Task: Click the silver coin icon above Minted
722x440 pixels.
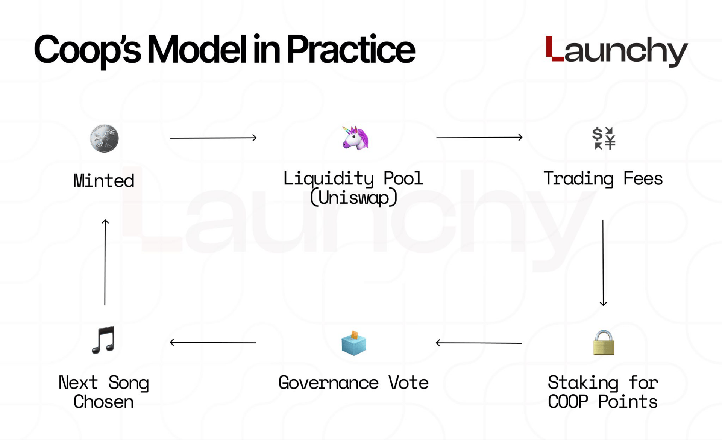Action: pos(104,139)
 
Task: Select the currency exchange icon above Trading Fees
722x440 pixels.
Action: pos(604,138)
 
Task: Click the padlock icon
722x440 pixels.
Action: pos(604,343)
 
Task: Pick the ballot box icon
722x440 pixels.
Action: pos(353,343)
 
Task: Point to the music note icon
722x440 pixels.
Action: pos(103,340)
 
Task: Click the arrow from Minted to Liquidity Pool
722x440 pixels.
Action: pos(213,138)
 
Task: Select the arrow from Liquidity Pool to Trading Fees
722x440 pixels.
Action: pos(479,137)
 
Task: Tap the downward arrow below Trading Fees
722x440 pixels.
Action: pos(603,263)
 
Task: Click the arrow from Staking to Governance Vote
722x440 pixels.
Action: pos(479,343)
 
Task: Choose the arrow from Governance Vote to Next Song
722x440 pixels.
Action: pos(213,342)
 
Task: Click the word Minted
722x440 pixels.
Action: pos(104,181)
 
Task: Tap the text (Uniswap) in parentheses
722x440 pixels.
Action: pos(353,198)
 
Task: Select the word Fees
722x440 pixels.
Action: pos(643,178)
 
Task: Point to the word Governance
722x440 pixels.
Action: pos(328,383)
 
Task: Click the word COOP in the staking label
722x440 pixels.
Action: pos(568,402)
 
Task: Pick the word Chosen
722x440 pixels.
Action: pos(103,402)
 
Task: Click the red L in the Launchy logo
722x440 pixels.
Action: pos(554,48)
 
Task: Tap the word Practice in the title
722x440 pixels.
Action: pos(350,50)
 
